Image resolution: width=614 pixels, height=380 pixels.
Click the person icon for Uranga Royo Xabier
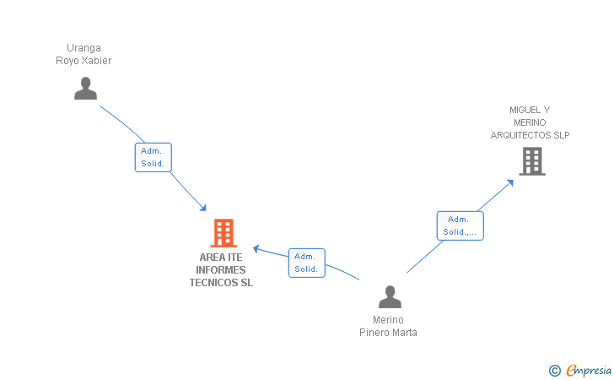(x=85, y=88)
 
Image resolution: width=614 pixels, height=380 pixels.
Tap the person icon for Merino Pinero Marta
(x=390, y=296)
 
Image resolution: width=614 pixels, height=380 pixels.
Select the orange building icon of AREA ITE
(x=223, y=232)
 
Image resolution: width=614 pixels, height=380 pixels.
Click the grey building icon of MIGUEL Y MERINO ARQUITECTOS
(x=531, y=160)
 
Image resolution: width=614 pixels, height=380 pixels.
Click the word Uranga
(x=83, y=48)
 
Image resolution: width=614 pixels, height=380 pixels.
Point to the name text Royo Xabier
(x=83, y=61)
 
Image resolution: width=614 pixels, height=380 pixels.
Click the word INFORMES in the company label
(x=221, y=270)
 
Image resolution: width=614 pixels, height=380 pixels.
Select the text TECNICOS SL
(x=221, y=283)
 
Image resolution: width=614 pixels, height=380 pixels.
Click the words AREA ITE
(x=221, y=258)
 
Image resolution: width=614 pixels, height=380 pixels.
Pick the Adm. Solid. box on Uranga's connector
(x=153, y=157)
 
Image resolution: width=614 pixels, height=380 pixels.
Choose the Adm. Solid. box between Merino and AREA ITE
(x=306, y=263)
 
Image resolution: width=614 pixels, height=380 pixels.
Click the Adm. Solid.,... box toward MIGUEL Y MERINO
(x=460, y=225)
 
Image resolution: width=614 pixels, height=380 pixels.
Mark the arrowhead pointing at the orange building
(x=202, y=208)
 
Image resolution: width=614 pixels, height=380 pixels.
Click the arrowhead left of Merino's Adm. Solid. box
(x=257, y=248)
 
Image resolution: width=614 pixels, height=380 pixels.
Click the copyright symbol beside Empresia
(x=554, y=370)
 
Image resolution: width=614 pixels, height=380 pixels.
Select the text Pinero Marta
(x=388, y=333)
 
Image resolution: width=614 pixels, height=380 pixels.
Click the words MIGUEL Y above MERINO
(x=530, y=110)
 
